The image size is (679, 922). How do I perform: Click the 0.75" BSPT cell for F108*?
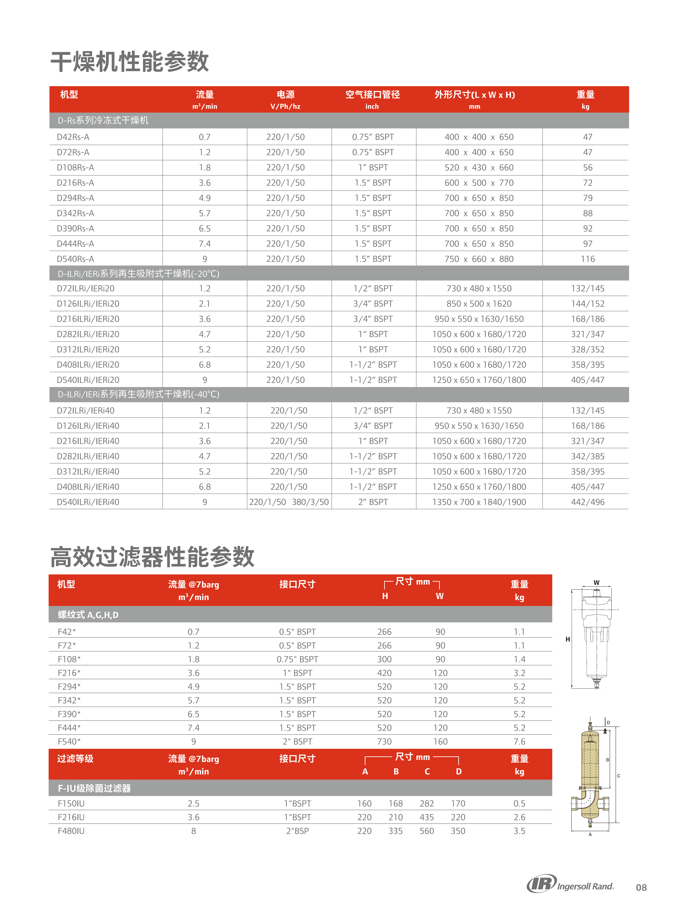coord(297,659)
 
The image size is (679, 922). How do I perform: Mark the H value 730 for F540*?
coord(384,742)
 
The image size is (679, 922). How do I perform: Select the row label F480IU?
coord(71,831)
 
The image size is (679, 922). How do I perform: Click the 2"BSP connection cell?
coord(297,831)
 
